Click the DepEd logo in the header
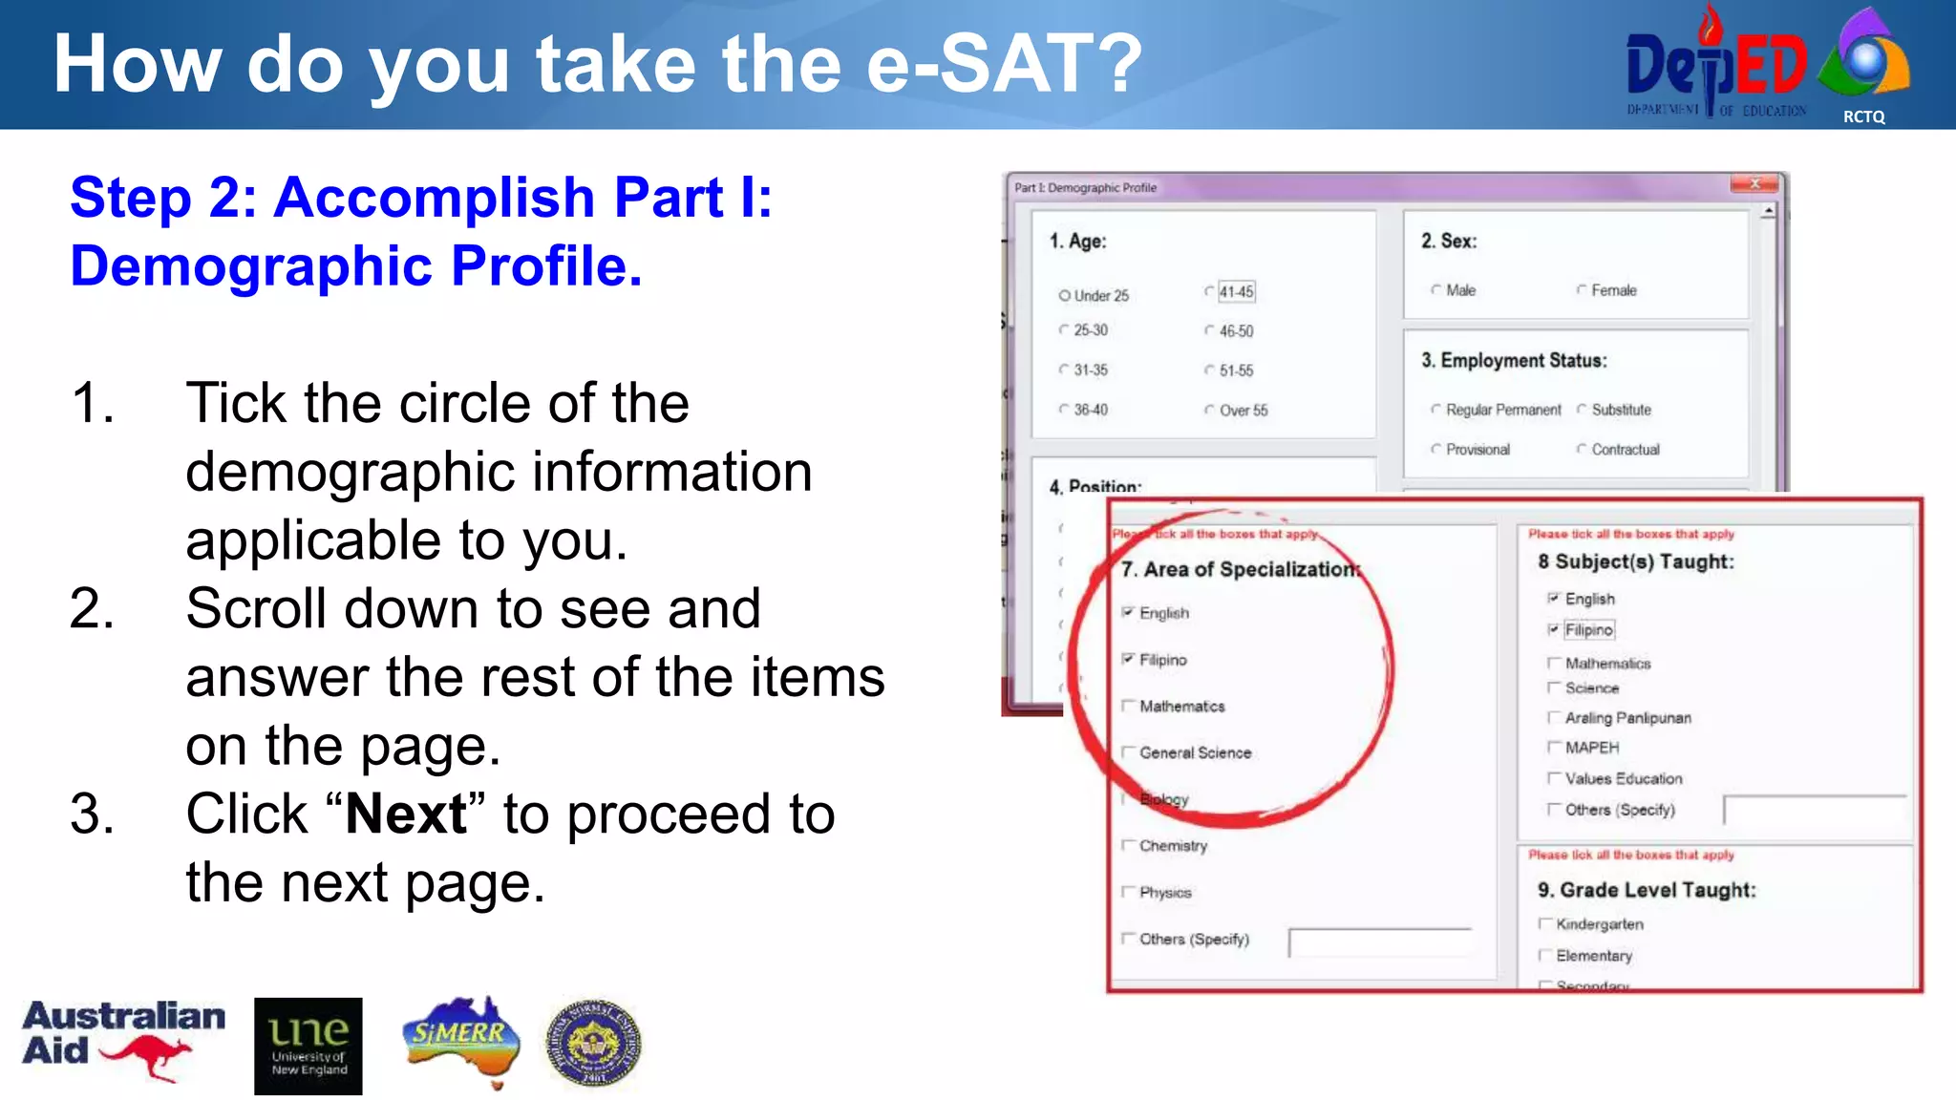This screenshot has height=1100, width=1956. [1715, 65]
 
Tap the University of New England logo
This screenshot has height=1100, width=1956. [308, 1046]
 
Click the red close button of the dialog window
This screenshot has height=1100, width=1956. [1754, 184]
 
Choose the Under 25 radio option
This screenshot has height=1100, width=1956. [1064, 296]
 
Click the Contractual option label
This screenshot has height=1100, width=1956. [1625, 450]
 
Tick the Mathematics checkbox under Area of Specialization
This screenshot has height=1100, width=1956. [1128, 706]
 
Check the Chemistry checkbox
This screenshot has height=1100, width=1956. [1128, 845]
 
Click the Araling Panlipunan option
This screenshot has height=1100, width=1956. [1626, 718]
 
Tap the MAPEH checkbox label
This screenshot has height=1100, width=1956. [1591, 748]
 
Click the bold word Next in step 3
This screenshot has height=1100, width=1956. [406, 814]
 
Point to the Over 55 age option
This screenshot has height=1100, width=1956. [1242, 411]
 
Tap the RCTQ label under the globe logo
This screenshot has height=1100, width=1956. [1863, 116]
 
